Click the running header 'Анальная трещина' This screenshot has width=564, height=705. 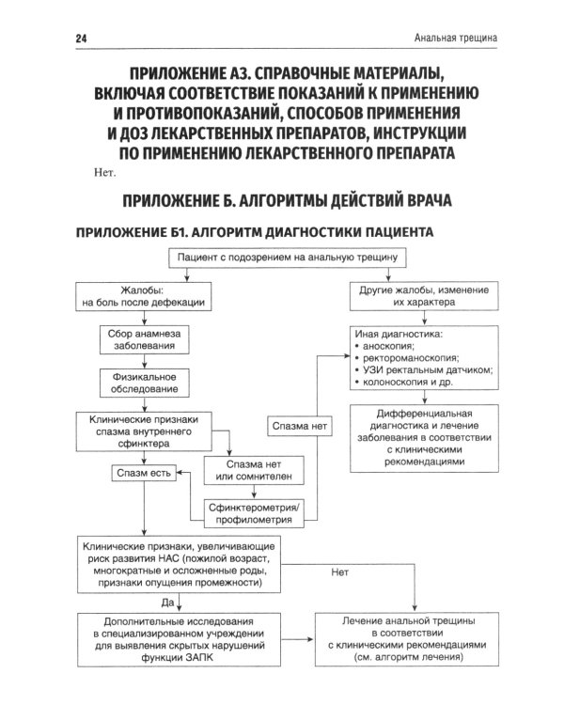tap(455, 39)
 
